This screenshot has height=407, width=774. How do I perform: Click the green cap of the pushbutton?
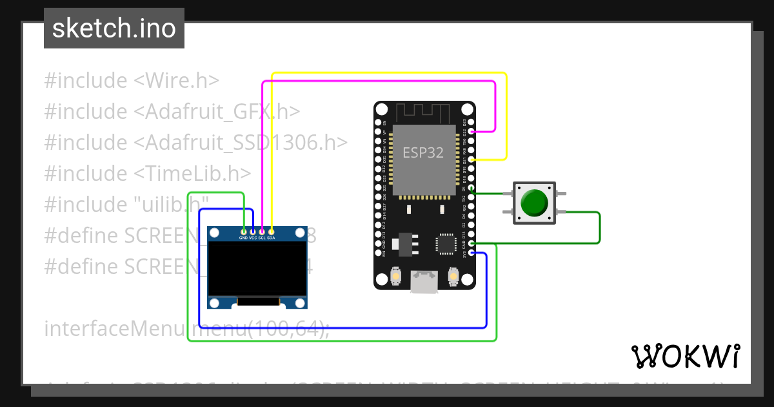coord(533,203)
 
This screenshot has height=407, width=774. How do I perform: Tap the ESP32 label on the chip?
coord(423,152)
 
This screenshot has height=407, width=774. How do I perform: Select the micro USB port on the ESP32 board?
coord(424,282)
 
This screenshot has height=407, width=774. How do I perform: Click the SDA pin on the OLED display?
coord(272,231)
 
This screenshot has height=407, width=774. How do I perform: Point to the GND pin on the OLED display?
coord(243,231)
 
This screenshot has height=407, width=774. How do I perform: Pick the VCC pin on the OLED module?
coord(253,231)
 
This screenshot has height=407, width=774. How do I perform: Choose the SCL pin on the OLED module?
coord(262,231)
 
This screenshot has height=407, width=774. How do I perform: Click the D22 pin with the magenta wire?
coord(471,131)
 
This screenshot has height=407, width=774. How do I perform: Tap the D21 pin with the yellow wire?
coord(471,159)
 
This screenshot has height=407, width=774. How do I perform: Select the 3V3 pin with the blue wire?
coord(471,253)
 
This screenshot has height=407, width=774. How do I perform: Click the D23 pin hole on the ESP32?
coord(471,122)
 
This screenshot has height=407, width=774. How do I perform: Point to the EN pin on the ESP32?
coord(378,122)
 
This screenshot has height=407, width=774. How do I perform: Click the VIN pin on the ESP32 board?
coord(378,253)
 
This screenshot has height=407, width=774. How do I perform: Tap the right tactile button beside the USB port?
coord(453,277)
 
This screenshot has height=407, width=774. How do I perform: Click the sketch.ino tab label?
coord(114,28)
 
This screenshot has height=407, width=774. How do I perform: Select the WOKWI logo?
coord(685,356)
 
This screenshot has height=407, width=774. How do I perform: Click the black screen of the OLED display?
coord(257,266)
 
